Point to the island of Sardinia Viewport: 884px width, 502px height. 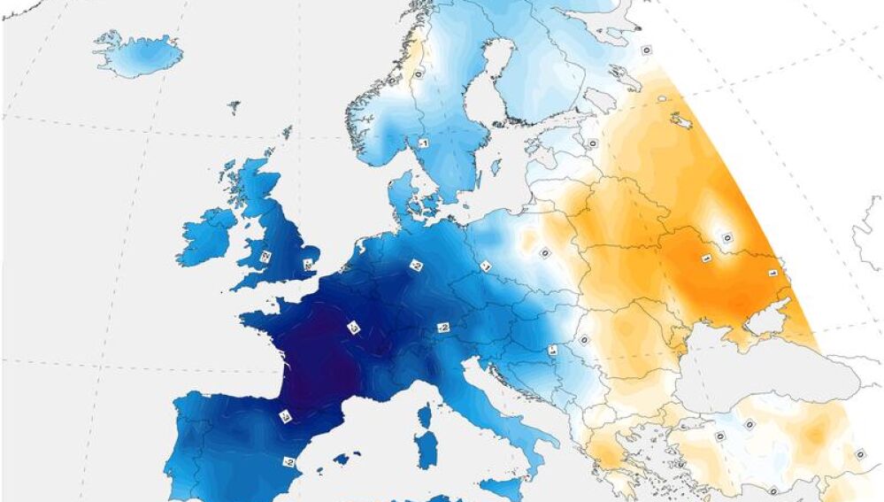(x=427, y=452)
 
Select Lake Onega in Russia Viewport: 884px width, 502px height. (x=681, y=119)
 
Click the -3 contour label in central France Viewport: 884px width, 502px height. (x=352, y=328)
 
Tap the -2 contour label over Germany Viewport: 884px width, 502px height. (x=414, y=265)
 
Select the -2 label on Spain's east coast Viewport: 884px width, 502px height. (x=288, y=461)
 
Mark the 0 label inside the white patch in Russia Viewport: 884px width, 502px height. (x=726, y=236)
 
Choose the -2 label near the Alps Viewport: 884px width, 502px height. (x=443, y=328)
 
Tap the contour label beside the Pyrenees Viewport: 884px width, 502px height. (x=286, y=416)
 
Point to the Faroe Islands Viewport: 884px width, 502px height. (x=234, y=107)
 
